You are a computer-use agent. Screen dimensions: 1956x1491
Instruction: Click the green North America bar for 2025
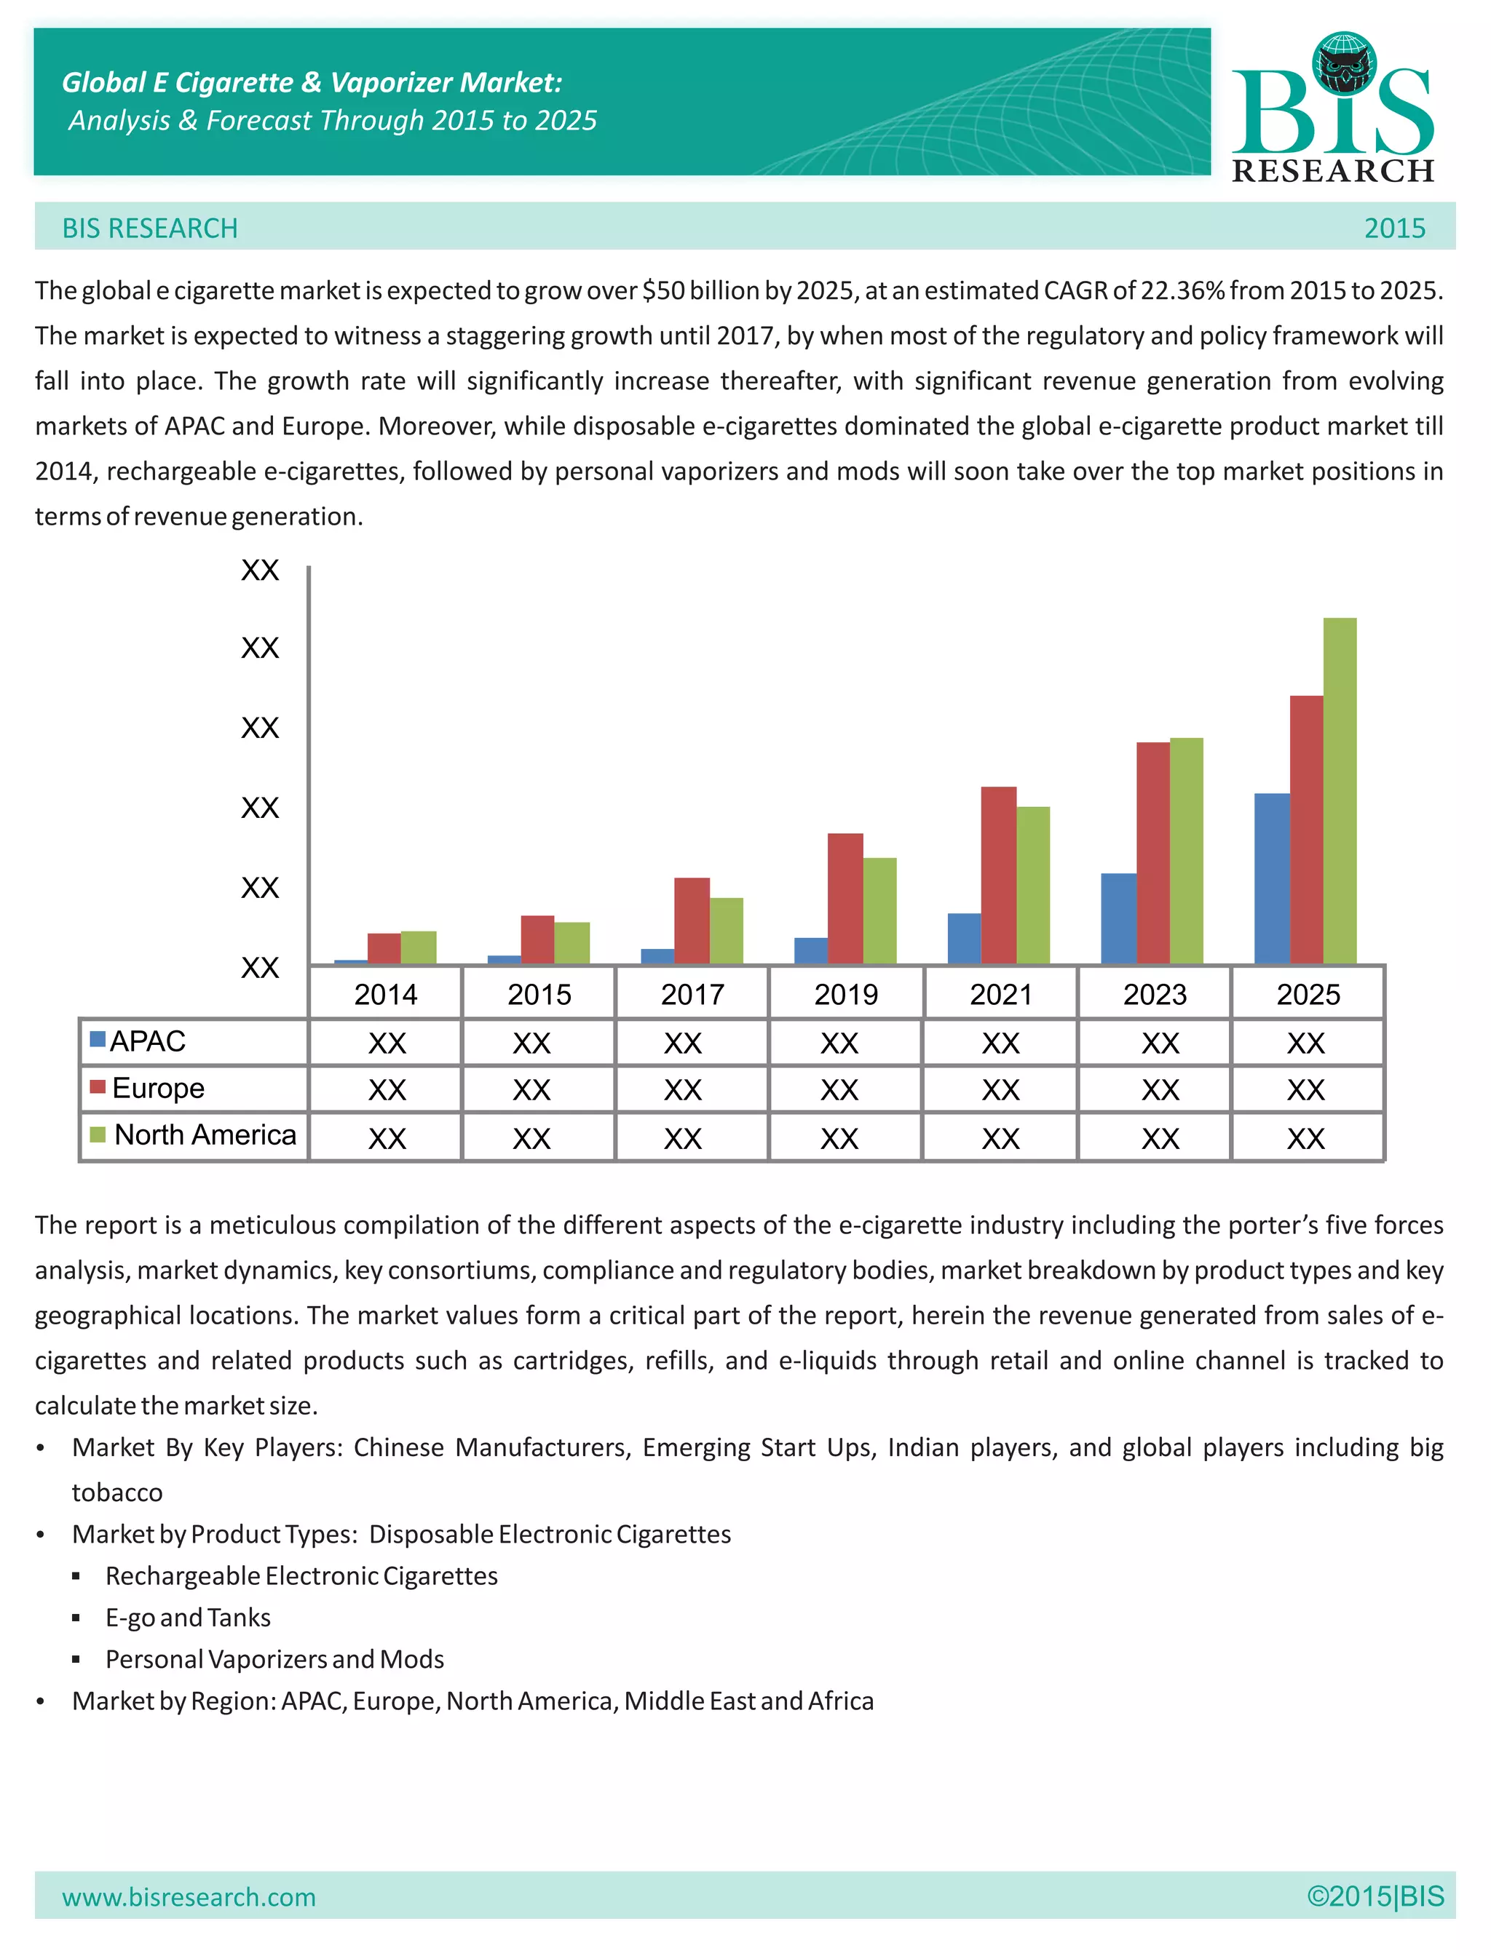coord(1340,790)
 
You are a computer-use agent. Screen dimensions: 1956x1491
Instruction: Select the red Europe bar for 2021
coord(998,875)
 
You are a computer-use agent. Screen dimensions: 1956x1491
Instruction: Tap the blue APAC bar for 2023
coord(1118,918)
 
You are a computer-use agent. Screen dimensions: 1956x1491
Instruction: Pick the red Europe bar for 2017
coord(692,920)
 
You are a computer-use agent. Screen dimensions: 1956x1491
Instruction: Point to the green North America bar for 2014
coord(418,947)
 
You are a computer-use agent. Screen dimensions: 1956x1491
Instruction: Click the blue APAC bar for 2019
coord(810,950)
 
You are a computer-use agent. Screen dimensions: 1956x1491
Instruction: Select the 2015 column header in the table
coord(539,995)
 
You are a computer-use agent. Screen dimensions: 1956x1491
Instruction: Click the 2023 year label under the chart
coord(1155,995)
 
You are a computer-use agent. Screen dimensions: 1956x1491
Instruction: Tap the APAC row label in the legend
coord(147,1041)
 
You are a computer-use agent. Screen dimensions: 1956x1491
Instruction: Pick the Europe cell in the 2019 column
coord(839,1089)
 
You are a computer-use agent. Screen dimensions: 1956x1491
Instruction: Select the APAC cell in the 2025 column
coord(1305,1042)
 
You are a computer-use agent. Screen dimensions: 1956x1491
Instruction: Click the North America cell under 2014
coord(387,1137)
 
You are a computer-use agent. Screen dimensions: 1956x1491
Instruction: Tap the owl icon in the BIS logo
coord(1345,64)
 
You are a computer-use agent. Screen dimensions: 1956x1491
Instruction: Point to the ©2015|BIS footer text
coord(1375,1896)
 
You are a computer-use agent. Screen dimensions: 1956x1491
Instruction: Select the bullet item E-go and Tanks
coord(188,1617)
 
